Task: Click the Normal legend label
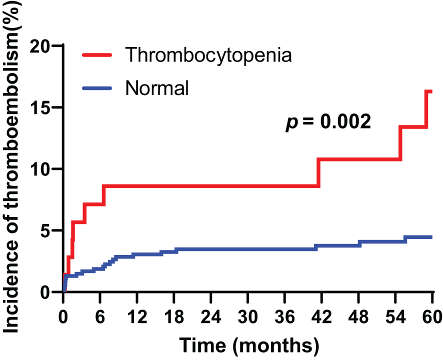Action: pyautogui.click(x=157, y=88)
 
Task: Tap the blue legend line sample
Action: pyautogui.click(x=98, y=88)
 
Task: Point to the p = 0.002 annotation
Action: pyautogui.click(x=328, y=121)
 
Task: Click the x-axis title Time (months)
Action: pyautogui.click(x=249, y=344)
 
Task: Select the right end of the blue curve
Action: pyautogui.click(x=430, y=237)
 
